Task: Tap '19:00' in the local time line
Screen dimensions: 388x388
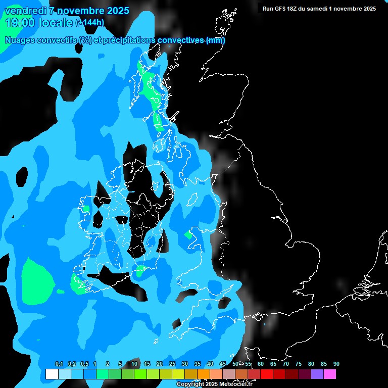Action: pos(17,22)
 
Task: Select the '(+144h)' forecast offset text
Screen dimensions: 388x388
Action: pos(90,23)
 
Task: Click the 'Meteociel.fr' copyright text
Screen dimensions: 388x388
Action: pos(233,384)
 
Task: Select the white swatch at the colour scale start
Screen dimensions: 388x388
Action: pos(52,374)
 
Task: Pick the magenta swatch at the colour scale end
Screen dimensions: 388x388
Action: pos(330,374)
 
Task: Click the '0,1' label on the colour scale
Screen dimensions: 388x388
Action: pos(59,364)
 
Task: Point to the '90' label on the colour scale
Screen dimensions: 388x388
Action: pos(336,364)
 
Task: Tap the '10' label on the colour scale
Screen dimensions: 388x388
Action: pos(134,364)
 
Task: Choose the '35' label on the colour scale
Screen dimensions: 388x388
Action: pos(198,364)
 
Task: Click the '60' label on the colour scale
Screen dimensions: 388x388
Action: pos(261,364)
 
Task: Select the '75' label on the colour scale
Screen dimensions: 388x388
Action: pos(299,364)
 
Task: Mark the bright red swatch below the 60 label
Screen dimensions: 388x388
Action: pos(266,374)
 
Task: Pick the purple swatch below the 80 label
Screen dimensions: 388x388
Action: pos(317,374)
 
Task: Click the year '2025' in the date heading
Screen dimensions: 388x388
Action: pos(118,11)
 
